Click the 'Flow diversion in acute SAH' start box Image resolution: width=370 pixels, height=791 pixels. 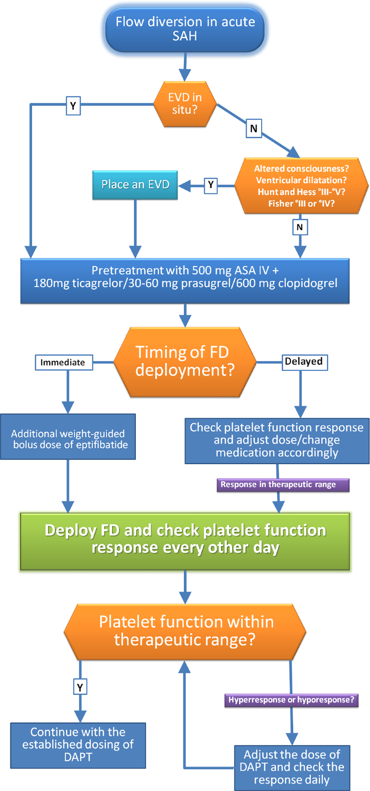point(185,29)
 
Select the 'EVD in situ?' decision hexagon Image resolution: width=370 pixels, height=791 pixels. point(185,104)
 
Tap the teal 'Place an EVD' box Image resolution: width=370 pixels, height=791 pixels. point(135,184)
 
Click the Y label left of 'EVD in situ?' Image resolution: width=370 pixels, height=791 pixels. point(73,106)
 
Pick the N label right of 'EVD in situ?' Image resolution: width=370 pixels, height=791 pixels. point(254,128)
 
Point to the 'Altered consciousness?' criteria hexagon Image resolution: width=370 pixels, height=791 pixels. point(301,186)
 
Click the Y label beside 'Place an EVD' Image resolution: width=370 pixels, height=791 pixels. point(211,185)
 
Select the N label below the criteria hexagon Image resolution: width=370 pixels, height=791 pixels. point(300,227)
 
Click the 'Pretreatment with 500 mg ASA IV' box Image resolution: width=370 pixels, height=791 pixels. point(185,280)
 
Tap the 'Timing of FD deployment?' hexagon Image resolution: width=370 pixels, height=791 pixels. point(185,361)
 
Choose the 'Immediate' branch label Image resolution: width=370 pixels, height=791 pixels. point(63,362)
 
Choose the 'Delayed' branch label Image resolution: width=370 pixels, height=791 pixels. point(304,362)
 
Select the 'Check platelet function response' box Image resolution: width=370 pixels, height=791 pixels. point(277,441)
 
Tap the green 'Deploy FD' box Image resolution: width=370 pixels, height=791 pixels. point(185,541)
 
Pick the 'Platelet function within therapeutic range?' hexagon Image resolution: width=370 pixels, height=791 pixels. point(185,631)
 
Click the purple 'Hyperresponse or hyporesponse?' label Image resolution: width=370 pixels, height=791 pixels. point(291,700)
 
